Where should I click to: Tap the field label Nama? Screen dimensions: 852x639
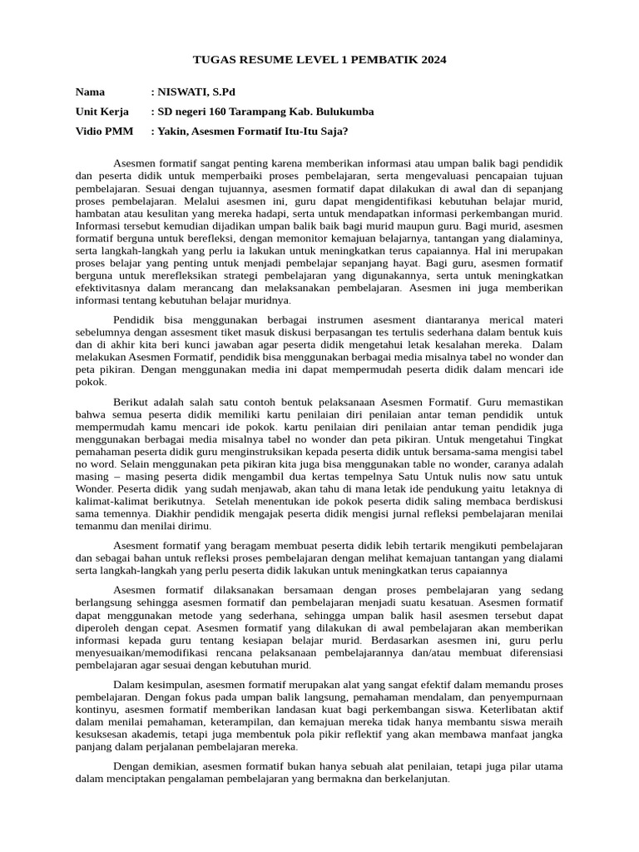pos(91,92)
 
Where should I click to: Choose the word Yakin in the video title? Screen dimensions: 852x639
pos(173,131)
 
